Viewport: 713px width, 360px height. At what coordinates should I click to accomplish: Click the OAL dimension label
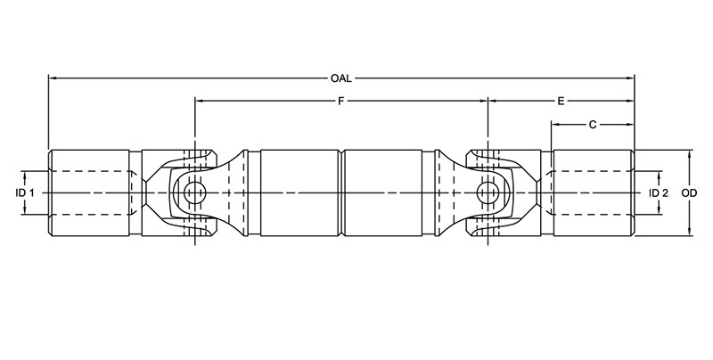pyautogui.click(x=340, y=78)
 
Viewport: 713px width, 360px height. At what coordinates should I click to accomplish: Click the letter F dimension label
pyautogui.click(x=340, y=102)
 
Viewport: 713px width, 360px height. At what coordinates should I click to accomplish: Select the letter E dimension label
pyautogui.click(x=561, y=102)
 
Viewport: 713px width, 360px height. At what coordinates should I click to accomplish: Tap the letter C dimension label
pyautogui.click(x=593, y=126)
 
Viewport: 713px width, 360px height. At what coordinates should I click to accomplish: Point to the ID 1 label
pyautogui.click(x=25, y=192)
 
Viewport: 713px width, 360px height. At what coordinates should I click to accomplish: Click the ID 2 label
pyautogui.click(x=659, y=192)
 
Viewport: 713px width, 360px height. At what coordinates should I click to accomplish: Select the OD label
pyautogui.click(x=688, y=192)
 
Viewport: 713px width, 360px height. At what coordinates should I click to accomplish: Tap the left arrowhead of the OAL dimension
pyautogui.click(x=53, y=78)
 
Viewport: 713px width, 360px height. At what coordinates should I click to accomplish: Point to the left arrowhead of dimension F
pyautogui.click(x=200, y=102)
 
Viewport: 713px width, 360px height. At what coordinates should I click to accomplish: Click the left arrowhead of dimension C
pyautogui.click(x=557, y=126)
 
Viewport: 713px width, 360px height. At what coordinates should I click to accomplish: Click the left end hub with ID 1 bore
pyautogui.click(x=89, y=192)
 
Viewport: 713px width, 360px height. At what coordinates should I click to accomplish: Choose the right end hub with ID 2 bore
pyautogui.click(x=593, y=192)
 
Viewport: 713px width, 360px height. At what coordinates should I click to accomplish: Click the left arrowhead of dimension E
pyautogui.click(x=492, y=102)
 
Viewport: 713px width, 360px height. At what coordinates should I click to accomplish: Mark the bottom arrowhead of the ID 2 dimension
pyautogui.click(x=659, y=210)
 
